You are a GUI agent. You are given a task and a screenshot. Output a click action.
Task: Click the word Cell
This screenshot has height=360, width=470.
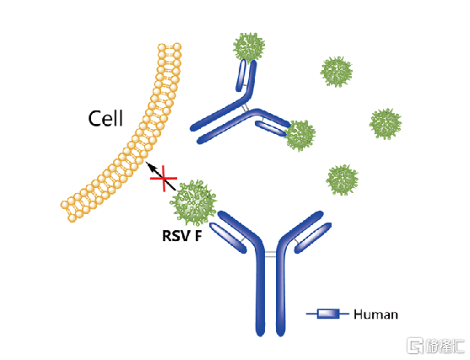105,118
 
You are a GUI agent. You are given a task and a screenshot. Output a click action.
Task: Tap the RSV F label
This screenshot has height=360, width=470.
182,236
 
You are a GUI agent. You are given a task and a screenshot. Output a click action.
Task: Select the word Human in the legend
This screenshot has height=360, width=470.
375,314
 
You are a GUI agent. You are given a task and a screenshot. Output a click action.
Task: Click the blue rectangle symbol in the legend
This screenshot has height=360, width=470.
328,314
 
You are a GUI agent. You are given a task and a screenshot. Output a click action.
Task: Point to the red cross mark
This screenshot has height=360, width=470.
164,179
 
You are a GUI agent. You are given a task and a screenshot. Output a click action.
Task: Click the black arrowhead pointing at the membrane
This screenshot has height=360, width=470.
149,166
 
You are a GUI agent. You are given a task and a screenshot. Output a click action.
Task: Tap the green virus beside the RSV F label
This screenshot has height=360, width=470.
193,202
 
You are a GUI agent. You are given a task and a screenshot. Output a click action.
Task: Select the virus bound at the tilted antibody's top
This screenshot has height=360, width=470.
249,46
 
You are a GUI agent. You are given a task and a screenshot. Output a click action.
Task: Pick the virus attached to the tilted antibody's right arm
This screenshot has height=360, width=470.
300,136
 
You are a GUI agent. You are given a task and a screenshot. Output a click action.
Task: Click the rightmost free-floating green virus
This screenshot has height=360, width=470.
385,124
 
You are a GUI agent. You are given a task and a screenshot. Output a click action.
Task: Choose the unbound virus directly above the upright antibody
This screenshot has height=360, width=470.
342,180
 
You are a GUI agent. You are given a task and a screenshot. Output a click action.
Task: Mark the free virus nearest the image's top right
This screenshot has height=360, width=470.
337,72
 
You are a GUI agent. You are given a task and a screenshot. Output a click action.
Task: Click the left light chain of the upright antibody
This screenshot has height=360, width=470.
228,238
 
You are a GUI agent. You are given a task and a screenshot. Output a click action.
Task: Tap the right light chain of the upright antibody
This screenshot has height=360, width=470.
313,238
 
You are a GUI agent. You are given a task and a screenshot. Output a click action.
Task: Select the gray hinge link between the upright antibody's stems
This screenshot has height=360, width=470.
270,255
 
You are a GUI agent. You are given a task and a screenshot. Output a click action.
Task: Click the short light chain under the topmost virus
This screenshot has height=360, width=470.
241,76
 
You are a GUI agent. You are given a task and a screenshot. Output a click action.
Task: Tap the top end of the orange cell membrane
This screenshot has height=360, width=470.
170,47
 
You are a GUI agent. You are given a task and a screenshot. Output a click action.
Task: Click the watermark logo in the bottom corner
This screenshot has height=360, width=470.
435,346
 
